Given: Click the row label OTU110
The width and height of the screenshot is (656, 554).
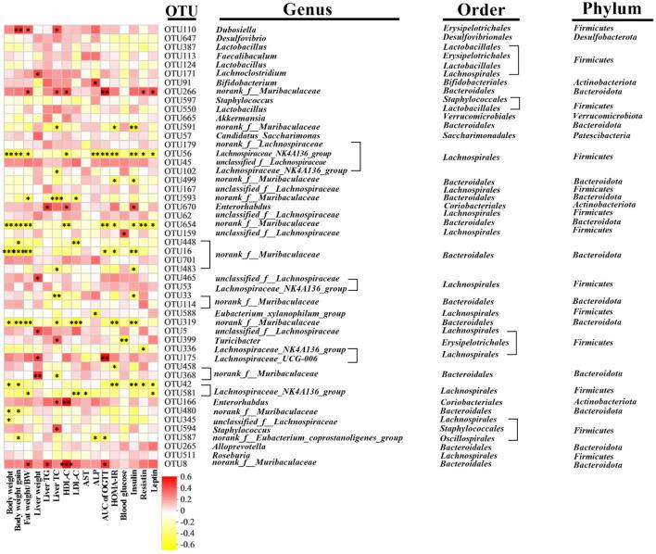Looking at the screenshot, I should tap(181, 29).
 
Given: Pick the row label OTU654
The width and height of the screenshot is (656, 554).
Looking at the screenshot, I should tap(181, 223).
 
